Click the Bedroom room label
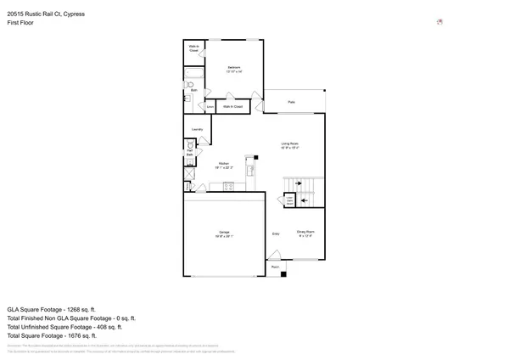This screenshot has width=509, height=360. point(233,67)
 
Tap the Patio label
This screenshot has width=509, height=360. point(291,102)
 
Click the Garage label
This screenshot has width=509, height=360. point(225,232)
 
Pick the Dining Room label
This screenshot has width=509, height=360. point(305,232)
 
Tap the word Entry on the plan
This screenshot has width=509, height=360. point(276,233)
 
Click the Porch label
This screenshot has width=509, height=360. point(275,267)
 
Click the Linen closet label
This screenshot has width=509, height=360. point(210,107)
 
